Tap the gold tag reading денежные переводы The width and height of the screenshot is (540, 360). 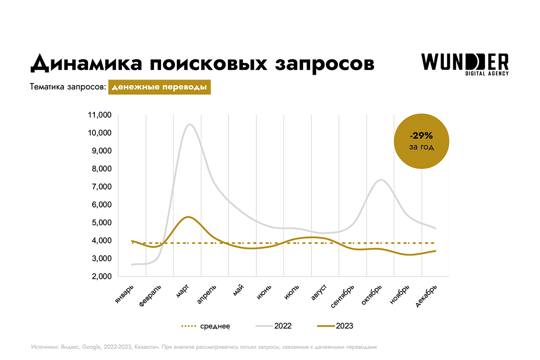159,87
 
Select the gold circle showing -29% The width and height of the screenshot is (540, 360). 422,141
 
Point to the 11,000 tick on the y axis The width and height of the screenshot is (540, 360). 98,115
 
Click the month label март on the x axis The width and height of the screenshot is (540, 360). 182,292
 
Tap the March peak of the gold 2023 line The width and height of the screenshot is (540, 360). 188,217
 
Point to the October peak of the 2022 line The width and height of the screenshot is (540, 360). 381,180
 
